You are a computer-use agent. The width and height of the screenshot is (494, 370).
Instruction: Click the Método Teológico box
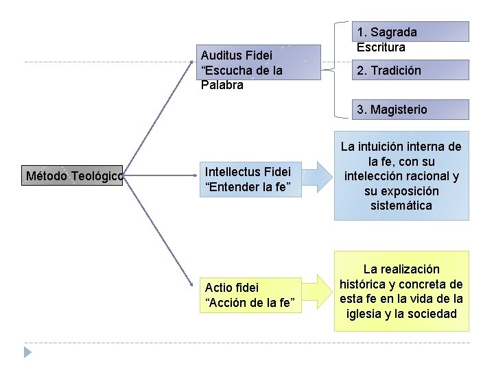[x=73, y=176]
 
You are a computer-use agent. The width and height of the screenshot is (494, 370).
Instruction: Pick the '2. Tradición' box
[x=411, y=71]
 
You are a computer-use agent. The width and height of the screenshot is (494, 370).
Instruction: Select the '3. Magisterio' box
[x=411, y=110]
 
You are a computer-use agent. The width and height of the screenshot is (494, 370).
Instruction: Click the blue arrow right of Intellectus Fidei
[x=318, y=176]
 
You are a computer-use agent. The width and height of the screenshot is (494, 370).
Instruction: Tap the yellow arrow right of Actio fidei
[x=318, y=291]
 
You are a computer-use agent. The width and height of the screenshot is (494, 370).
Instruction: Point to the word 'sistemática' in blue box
[x=401, y=206]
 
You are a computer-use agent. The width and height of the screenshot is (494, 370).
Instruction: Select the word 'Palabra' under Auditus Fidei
[x=222, y=86]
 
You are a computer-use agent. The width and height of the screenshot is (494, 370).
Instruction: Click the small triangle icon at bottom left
[x=27, y=352]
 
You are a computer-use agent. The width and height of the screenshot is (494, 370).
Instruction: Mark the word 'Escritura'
[x=381, y=47]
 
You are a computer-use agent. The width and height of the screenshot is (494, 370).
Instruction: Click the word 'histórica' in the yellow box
[x=364, y=284]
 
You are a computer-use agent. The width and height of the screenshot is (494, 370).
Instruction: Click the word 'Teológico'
[x=96, y=176]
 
